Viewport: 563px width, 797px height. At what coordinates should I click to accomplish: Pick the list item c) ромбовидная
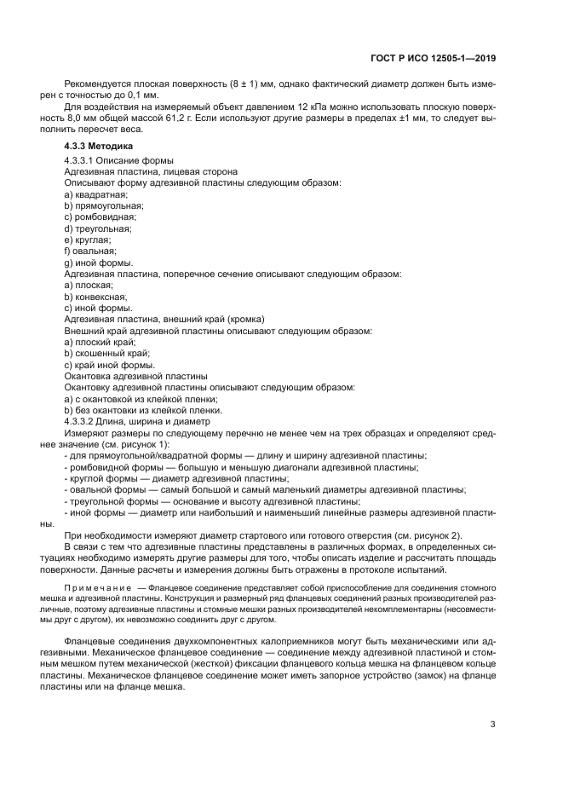[100, 217]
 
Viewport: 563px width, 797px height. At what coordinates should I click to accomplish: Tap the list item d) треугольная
[98, 229]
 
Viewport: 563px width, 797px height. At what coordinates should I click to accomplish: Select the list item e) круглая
[88, 240]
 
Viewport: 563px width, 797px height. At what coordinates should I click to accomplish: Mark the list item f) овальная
[90, 252]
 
